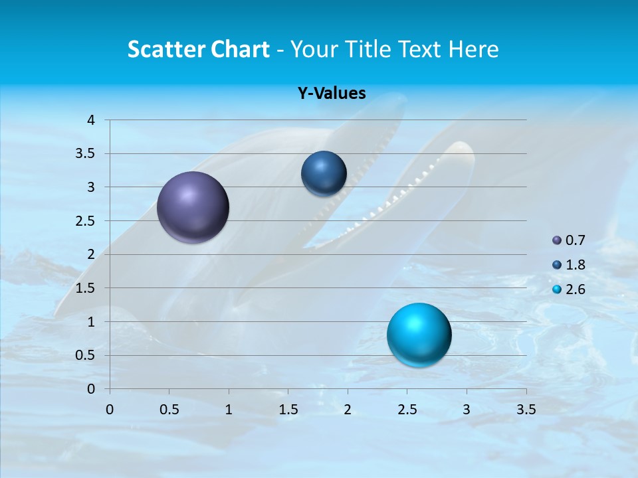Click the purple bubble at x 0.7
tap(193, 207)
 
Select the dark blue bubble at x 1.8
tap(324, 173)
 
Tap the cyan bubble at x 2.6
tap(419, 335)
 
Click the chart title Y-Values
tap(332, 94)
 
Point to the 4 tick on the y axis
tap(92, 120)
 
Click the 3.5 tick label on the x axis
tap(526, 410)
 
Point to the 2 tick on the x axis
tap(348, 410)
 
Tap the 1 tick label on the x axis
tap(229, 410)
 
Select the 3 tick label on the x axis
tap(467, 410)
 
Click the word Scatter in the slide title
tap(166, 49)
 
